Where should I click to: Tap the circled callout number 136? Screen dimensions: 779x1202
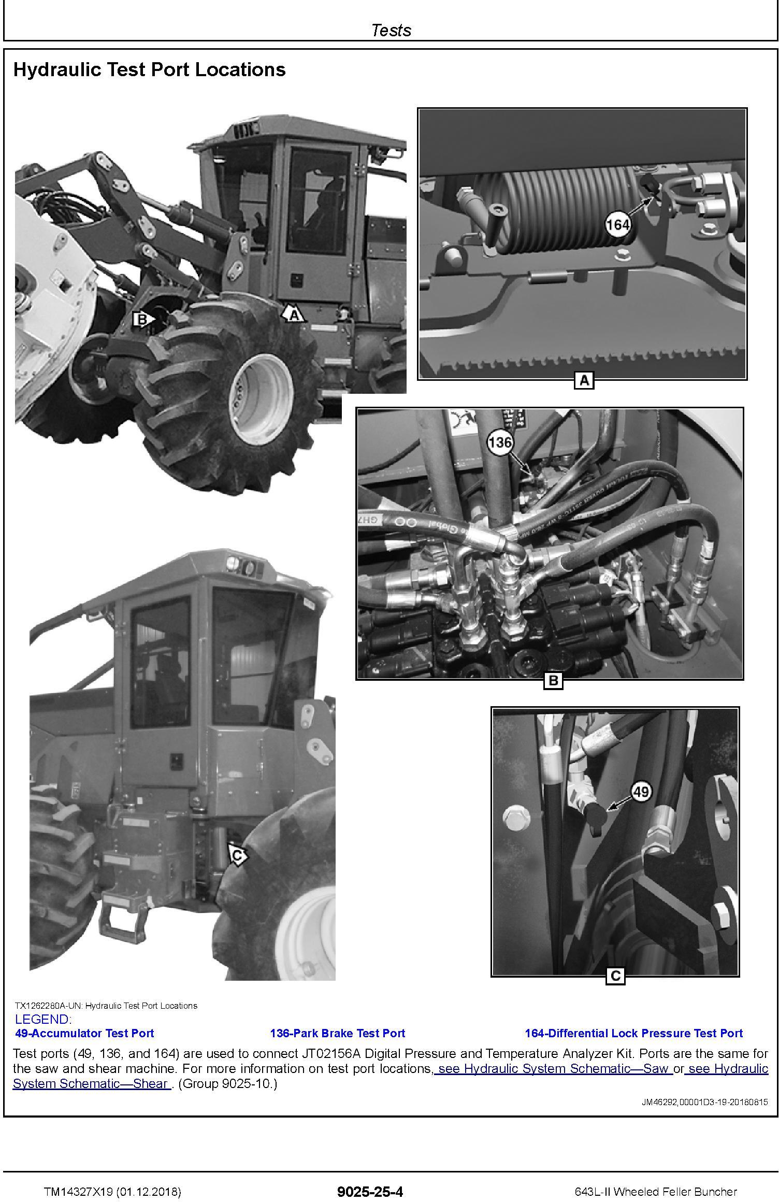500,442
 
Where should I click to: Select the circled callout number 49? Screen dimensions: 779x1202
641,792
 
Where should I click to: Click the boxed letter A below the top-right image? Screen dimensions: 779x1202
584,381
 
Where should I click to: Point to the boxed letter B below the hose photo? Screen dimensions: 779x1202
553,680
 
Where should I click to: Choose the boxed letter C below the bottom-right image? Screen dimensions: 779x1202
616,976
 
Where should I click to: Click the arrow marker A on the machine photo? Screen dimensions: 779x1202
293,313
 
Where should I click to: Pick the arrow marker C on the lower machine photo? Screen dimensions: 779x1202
237,855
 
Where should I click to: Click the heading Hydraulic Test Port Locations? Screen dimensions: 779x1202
149,70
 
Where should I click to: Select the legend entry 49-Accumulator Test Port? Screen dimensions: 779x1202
85,1033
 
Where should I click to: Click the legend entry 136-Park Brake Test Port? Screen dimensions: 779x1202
337,1033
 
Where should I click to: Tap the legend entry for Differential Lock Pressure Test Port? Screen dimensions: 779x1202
634,1033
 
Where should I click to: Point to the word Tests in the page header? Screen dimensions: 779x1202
391,30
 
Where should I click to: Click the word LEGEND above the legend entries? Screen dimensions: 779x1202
43,1019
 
